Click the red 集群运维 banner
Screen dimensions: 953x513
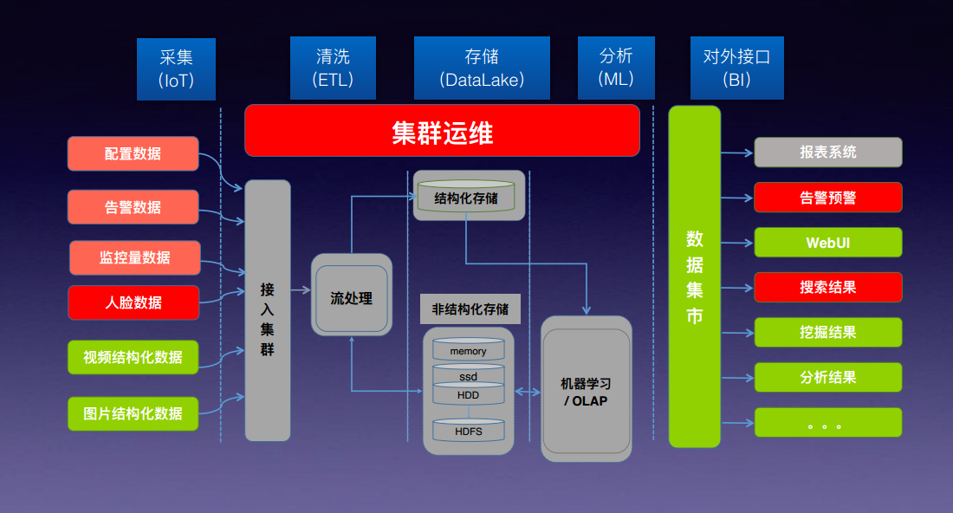pos(442,131)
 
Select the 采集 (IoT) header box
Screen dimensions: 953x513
pos(176,68)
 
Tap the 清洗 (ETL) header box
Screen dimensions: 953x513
pos(333,68)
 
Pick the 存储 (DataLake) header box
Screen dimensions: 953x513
pos(482,68)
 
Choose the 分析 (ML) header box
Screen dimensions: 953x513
pos(616,68)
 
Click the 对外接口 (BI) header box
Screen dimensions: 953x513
pos(737,68)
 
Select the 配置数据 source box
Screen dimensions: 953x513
pos(133,153)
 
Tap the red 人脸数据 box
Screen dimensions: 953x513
pos(133,302)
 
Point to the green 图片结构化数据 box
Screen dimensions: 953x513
pos(133,414)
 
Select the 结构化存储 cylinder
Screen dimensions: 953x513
pos(466,196)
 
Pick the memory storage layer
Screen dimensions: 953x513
pos(468,349)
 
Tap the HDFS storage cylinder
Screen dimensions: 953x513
pos(468,430)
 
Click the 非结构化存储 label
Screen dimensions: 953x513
pos(470,309)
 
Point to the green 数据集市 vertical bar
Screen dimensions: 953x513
pos(695,276)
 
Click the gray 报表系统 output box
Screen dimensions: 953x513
pos(827,152)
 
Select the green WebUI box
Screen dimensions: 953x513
pos(827,243)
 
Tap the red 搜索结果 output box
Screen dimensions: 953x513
pos(827,288)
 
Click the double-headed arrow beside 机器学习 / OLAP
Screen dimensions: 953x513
pos(528,392)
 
